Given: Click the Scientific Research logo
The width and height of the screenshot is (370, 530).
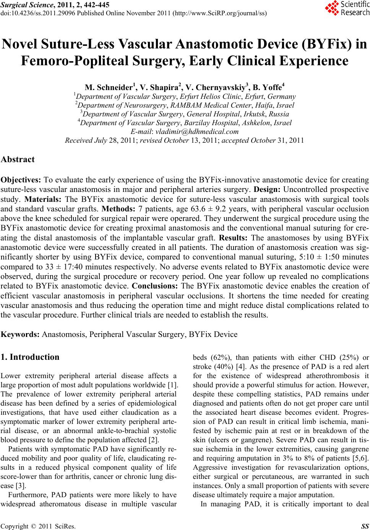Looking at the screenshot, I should pyautogui.click(x=346, y=9).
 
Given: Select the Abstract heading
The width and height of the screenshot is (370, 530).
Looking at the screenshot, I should pyautogui.click(x=18, y=159).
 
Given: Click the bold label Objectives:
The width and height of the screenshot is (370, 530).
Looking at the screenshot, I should pyautogui.click(x=22, y=180).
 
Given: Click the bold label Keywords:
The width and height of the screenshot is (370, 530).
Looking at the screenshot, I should pyautogui.click(x=21, y=334).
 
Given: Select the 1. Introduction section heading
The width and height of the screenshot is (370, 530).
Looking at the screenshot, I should pyautogui.click(x=31, y=357).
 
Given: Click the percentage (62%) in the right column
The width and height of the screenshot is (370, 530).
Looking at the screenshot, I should pyautogui.click(x=221, y=358).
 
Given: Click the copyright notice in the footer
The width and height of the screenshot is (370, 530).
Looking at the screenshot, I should pyautogui.click(x=39, y=527).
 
